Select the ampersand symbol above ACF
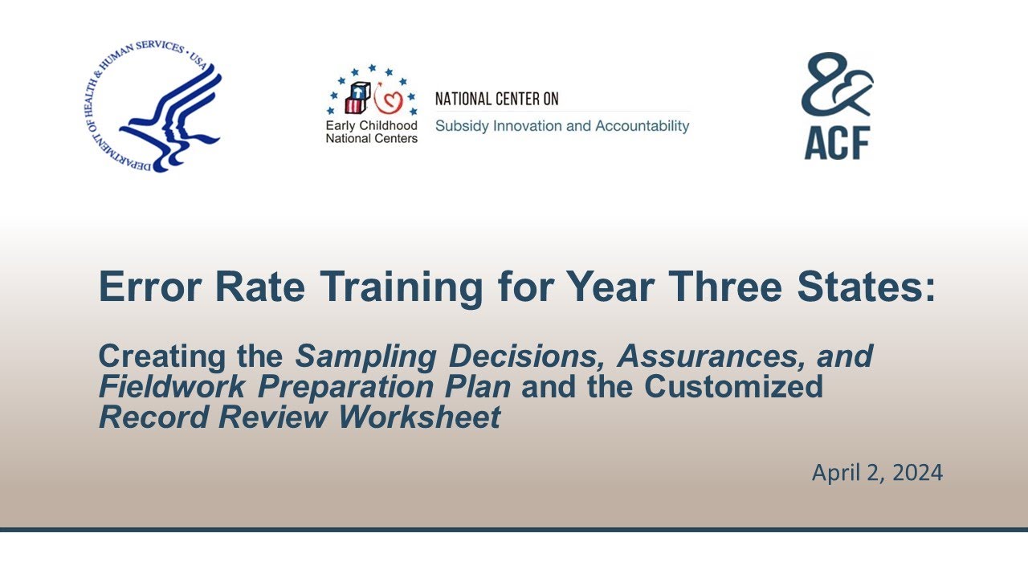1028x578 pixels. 837,83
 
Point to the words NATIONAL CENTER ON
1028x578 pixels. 496,100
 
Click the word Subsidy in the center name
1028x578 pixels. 459,126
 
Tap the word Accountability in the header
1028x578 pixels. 644,126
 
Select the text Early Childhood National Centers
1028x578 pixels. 371,132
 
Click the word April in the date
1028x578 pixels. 835,473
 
